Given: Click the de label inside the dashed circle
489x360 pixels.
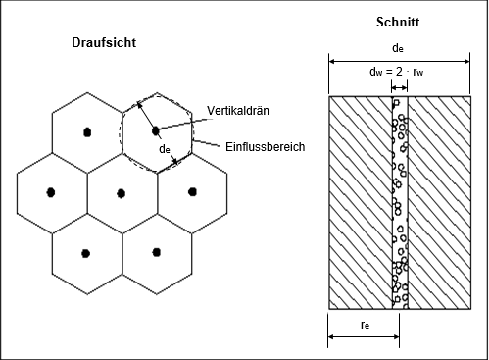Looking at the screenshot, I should [166, 150].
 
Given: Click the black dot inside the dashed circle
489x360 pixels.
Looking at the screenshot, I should [155, 129].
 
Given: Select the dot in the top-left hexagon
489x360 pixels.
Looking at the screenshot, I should [86, 130].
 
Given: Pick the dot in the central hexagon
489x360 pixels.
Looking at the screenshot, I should [120, 191].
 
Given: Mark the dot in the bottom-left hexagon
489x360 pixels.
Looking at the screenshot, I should [85, 251].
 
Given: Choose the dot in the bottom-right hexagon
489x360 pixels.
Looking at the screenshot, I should [155, 251].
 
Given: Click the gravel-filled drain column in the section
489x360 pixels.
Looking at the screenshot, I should [397, 201].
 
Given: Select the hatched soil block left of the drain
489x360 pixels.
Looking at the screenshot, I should [361, 201].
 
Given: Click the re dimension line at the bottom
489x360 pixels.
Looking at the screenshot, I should [363, 337].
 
